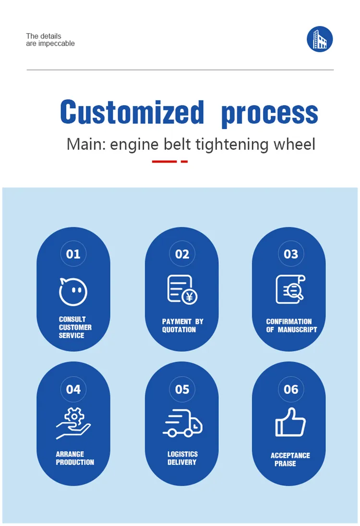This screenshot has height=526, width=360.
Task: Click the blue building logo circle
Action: pyautogui.click(x=320, y=39)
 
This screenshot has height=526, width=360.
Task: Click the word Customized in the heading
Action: pyautogui.click(x=132, y=112)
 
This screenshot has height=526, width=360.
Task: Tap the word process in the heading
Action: pyautogui.click(x=270, y=114)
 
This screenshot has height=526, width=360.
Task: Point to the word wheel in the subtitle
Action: pyautogui.click(x=295, y=144)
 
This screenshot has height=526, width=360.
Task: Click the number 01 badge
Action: pyautogui.click(x=73, y=254)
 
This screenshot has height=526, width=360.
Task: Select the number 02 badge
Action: pyautogui.click(x=182, y=254)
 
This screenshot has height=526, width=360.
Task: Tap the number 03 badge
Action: pyautogui.click(x=291, y=254)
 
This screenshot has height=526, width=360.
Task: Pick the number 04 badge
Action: pyautogui.click(x=73, y=389)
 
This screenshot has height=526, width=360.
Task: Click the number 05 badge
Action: pyautogui.click(x=182, y=389)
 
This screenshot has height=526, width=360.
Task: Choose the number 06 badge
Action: pyautogui.click(x=291, y=389)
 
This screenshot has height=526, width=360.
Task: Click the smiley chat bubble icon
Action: pyautogui.click(x=73, y=291)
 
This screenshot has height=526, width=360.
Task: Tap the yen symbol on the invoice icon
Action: pyautogui.click(x=190, y=297)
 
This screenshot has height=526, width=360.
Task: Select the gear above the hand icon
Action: pyautogui.click(x=74, y=416)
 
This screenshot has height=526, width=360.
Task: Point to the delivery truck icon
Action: pyautogui.click(x=182, y=423)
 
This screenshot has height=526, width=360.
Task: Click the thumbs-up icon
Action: pyautogui.click(x=290, y=422)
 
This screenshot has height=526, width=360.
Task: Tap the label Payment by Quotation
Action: pyautogui.click(x=183, y=325)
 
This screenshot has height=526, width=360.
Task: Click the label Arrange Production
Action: pyautogui.click(x=75, y=458)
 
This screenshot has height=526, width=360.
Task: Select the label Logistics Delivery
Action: pyautogui.click(x=182, y=458)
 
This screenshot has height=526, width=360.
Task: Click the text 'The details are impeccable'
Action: pyautogui.click(x=50, y=39)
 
